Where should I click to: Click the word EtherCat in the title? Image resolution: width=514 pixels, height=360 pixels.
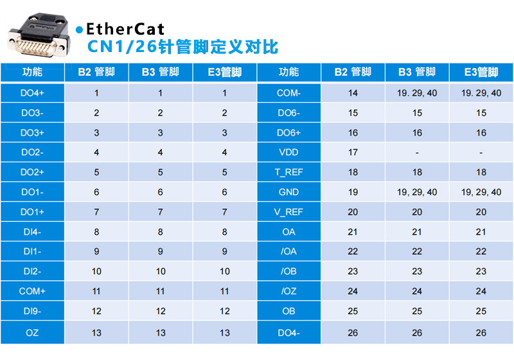coord(125,29)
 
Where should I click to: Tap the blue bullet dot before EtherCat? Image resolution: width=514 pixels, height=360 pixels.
coord(79,30)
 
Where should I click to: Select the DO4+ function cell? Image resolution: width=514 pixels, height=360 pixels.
coord(32,93)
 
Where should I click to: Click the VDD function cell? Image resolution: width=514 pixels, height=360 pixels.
coord(289,153)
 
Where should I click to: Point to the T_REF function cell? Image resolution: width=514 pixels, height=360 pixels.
coord(289,172)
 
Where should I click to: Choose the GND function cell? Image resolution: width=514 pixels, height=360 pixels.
coord(289,192)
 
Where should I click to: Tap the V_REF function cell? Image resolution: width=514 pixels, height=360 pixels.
coord(289,212)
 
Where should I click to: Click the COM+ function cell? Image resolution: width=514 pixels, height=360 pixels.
coord(32,291)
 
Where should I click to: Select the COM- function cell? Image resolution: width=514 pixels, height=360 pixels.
coord(289,93)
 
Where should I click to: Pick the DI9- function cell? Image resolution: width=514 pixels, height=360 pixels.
coord(32,311)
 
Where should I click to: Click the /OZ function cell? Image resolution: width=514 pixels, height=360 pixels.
coord(289,291)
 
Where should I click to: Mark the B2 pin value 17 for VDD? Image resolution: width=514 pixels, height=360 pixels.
coord(353,153)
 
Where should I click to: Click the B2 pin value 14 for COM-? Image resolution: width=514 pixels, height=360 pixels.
coord(353,93)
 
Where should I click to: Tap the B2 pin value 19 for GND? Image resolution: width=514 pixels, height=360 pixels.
coord(353,192)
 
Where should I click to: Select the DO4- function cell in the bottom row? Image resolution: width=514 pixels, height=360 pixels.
coord(289,332)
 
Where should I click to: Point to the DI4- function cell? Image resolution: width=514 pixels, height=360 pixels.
coord(32,232)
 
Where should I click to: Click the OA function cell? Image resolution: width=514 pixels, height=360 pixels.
coord(289,232)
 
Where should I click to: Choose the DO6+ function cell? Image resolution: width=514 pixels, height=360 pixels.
coord(289,133)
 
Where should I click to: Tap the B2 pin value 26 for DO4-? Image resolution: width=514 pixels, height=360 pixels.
coord(353,332)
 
